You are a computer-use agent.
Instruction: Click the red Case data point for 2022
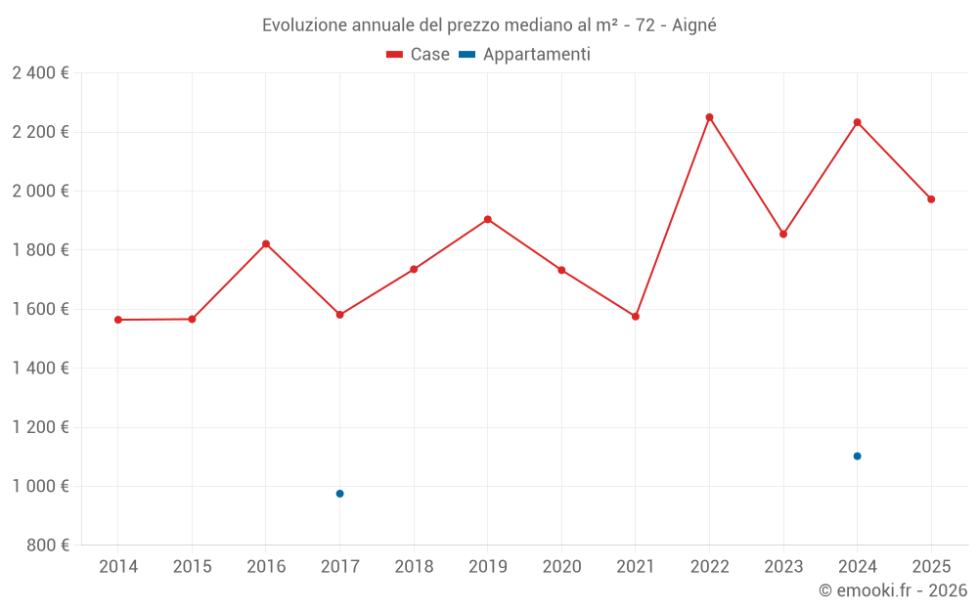tap(709, 117)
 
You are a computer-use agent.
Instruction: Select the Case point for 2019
tap(487, 219)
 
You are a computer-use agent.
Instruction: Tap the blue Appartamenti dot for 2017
tap(339, 494)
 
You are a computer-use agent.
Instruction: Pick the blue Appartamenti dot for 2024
tap(857, 456)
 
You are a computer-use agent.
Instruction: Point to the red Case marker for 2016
tap(266, 243)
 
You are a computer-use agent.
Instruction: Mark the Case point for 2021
tap(636, 317)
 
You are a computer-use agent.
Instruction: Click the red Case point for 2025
tap(931, 199)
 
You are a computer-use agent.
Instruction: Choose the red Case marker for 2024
tap(857, 122)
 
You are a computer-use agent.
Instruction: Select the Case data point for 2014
tap(118, 320)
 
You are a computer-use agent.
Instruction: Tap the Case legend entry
tap(419, 55)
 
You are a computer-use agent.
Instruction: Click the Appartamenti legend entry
tap(525, 55)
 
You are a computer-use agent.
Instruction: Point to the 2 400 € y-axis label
tap(40, 73)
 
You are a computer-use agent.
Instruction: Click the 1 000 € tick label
tap(40, 486)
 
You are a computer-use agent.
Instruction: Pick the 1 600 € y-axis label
tap(40, 309)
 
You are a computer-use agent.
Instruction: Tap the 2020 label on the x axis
tap(561, 567)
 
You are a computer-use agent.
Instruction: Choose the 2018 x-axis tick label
tap(414, 567)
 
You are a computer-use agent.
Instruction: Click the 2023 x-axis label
tap(783, 567)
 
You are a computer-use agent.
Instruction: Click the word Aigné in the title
tap(694, 25)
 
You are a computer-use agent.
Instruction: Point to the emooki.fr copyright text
tap(892, 590)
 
